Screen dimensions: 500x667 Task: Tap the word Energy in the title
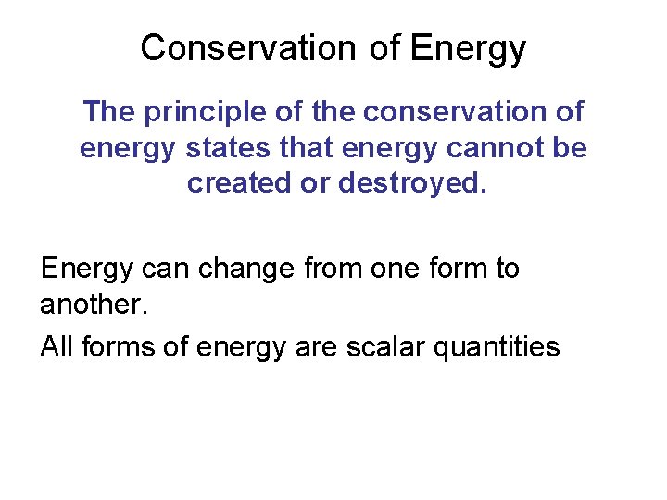[468, 47]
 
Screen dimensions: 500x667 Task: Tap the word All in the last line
[57, 346]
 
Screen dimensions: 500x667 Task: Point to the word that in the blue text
[312, 147]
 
